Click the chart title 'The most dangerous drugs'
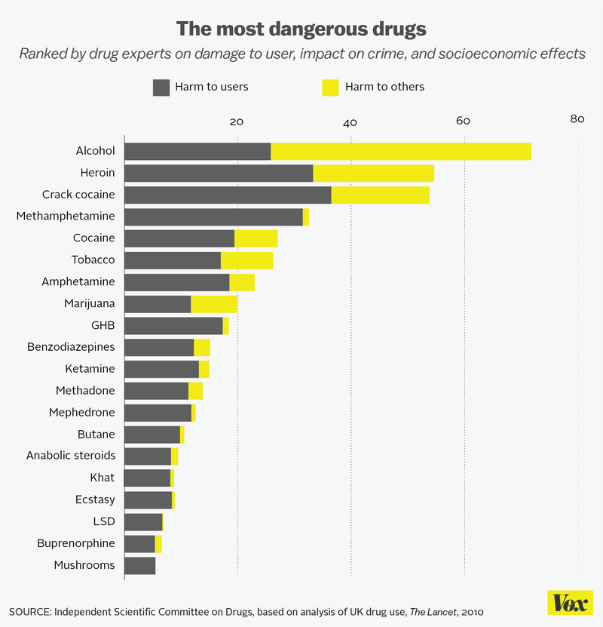(301, 29)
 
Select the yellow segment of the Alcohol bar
(400, 151)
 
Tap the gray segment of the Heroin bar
(218, 173)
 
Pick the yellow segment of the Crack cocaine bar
(380, 195)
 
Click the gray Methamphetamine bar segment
(213, 217)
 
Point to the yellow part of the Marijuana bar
(213, 304)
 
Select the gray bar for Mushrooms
(139, 566)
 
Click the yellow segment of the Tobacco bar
(246, 260)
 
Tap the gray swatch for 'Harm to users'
(161, 87)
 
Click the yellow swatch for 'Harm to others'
(330, 87)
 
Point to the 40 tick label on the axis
(350, 122)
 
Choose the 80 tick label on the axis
(577, 119)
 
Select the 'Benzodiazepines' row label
(71, 347)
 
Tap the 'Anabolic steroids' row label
(71, 456)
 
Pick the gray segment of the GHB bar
(173, 326)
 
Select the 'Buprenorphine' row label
(76, 543)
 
